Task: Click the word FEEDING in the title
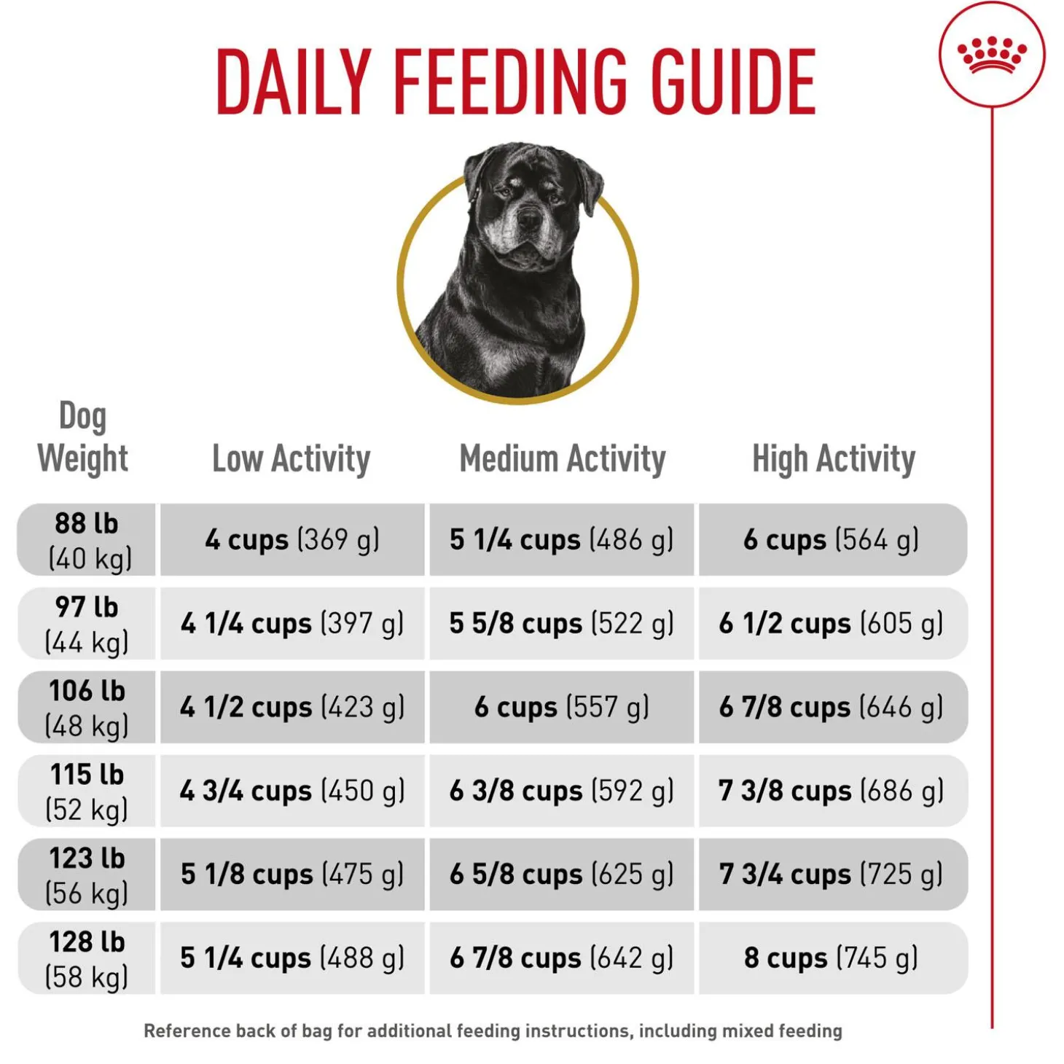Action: (509, 82)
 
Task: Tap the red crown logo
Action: (991, 55)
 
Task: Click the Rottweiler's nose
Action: (529, 219)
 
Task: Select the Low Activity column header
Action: (291, 459)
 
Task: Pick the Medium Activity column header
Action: (562, 459)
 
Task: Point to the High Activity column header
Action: (833, 459)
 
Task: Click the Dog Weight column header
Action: (83, 438)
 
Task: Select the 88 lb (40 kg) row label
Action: (87, 540)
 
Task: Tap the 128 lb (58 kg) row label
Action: (87, 958)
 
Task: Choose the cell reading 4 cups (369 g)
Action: (292, 540)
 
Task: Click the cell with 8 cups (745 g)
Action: (832, 958)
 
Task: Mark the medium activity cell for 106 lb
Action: (562, 707)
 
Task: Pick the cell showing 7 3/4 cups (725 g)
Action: (832, 875)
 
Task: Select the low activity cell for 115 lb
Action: (292, 791)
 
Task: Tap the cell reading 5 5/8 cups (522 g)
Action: (562, 624)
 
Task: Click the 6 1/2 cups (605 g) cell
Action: (832, 624)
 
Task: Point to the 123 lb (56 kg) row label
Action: (87, 875)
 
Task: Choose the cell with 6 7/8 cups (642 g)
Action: (562, 958)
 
